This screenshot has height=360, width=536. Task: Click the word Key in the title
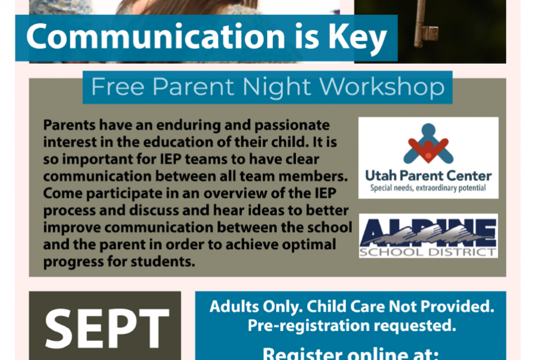(x=357, y=38)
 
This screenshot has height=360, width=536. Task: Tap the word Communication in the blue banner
(x=155, y=36)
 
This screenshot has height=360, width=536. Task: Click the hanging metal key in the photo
(x=424, y=24)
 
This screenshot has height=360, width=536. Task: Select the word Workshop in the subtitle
(x=382, y=86)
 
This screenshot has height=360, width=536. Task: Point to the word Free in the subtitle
(x=117, y=86)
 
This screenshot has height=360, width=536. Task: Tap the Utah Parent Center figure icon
(x=428, y=144)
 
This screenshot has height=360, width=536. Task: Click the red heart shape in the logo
(x=428, y=149)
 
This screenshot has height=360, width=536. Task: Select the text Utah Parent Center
(x=428, y=176)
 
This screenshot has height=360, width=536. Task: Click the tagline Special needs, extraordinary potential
(x=428, y=188)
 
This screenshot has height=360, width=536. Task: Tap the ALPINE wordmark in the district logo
(x=428, y=232)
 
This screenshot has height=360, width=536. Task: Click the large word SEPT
(x=107, y=328)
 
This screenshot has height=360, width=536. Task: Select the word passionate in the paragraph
(x=292, y=126)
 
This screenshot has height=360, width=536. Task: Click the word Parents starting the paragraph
(x=70, y=125)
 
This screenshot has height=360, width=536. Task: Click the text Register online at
(x=351, y=354)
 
